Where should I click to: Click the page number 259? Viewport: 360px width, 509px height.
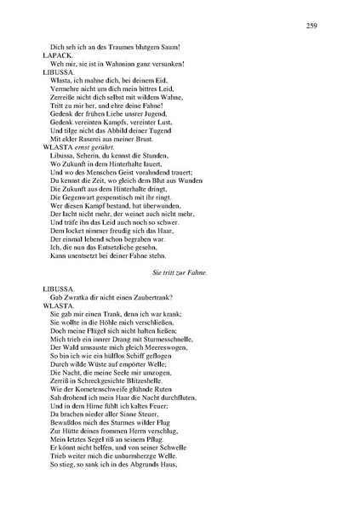pyautogui.click(x=311, y=26)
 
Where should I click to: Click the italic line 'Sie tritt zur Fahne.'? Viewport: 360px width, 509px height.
pyautogui.click(x=180, y=272)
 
